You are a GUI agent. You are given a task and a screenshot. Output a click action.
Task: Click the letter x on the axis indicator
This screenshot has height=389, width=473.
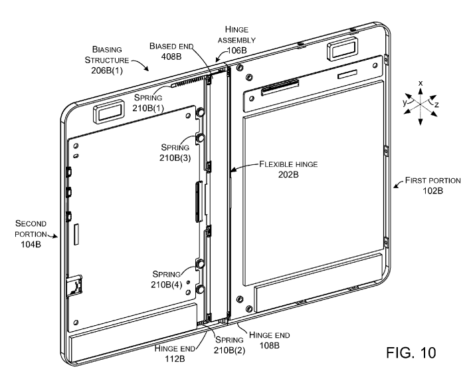point(420,82)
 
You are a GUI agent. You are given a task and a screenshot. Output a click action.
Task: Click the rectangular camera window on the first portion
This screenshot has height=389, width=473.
point(337,51)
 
